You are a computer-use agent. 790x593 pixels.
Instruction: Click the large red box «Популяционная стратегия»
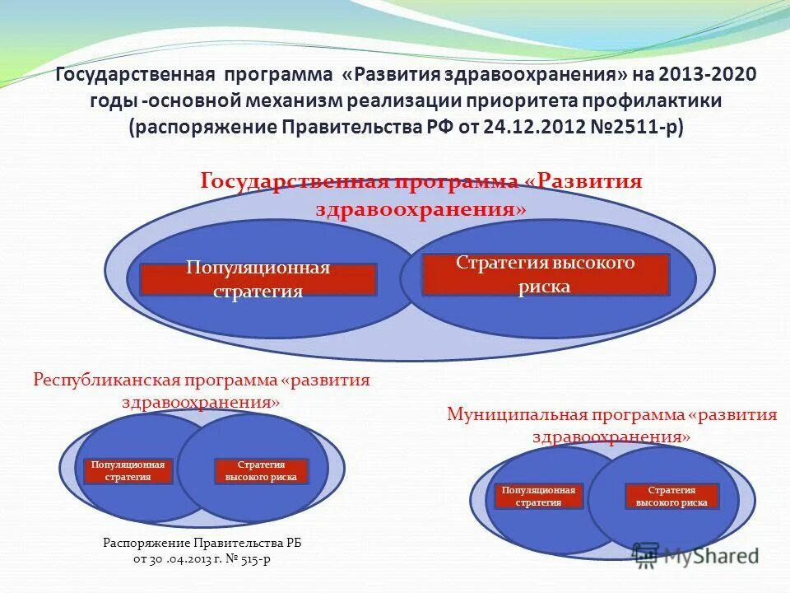258,279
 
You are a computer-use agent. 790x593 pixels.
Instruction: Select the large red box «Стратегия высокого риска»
545,274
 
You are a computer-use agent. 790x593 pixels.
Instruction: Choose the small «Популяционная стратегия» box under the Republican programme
128,471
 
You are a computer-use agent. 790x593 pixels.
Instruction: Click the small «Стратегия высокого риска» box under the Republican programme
261,471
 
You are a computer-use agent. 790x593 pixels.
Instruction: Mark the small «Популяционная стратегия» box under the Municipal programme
538,496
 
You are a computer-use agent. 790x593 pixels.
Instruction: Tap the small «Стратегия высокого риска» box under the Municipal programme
671,496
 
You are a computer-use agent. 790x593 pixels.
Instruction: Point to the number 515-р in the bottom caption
261,558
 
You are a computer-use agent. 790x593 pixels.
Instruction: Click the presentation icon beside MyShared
646,555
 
